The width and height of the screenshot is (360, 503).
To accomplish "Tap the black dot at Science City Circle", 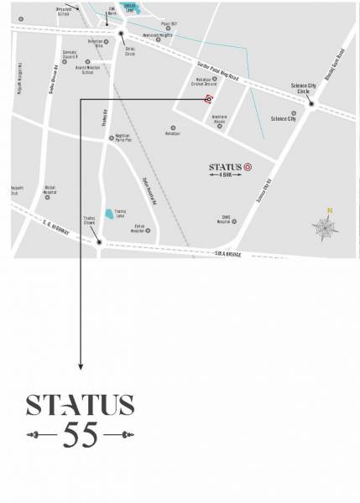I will click(310, 102).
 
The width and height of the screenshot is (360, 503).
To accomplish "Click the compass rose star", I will click(325, 225).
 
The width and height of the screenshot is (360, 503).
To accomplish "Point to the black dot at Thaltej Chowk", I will click(99, 243).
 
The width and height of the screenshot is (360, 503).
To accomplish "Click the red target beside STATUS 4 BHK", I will click(248, 167).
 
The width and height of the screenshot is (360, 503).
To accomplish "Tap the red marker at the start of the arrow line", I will click(207, 99).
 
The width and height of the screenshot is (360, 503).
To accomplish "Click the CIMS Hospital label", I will click(222, 221).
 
